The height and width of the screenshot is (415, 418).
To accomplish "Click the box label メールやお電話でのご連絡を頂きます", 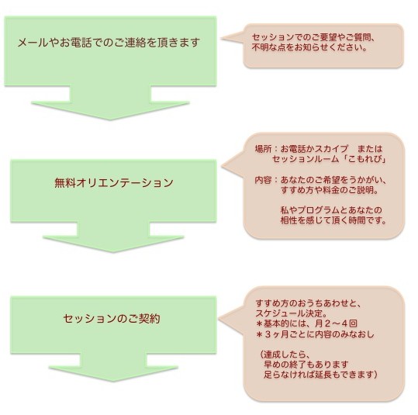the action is coord(109,43).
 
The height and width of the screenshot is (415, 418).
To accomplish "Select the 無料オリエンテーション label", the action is coord(114,183).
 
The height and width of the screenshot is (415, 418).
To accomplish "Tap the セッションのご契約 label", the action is coord(112,319).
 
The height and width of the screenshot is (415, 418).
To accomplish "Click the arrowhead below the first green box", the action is coord(110,111).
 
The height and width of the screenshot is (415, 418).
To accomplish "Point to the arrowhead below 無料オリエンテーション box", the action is coord(113,244).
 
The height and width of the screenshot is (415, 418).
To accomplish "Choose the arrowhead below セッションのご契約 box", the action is coord(113,374).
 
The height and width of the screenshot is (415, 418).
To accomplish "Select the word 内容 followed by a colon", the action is coord(263,180).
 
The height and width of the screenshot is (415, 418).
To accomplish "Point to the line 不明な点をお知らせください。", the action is coord(309,48).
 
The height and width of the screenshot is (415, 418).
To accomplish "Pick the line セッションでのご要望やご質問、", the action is coord(314,37).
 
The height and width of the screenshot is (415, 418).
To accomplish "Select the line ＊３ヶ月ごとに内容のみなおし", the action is coord(315,334).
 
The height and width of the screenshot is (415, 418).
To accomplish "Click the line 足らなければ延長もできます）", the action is coord(321,375).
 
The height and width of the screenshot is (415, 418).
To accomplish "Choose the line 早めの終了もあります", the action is coord(306,365).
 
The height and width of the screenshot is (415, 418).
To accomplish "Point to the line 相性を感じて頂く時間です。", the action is coord(333,220).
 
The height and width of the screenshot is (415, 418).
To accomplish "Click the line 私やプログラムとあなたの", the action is coord(331,210).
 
